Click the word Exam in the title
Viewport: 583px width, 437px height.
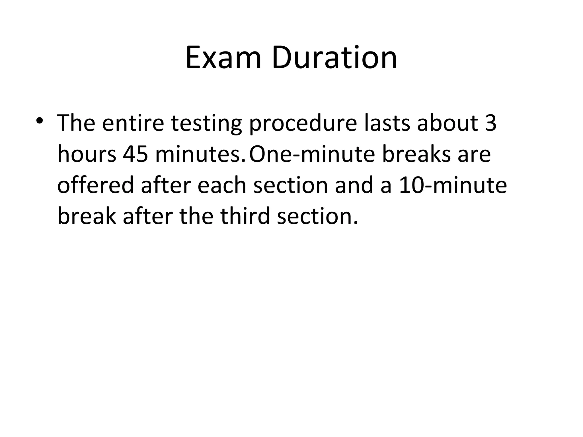coord(223,58)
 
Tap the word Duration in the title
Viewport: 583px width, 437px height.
coord(334,58)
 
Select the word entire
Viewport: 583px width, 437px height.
coord(133,123)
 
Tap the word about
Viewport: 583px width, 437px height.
coord(447,123)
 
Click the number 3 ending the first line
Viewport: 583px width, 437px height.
coord(490,123)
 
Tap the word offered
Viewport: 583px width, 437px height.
coord(95,185)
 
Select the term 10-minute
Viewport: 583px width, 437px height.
coord(453,185)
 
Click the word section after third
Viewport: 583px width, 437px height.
coord(317,216)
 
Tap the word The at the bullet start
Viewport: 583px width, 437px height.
coord(76,123)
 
